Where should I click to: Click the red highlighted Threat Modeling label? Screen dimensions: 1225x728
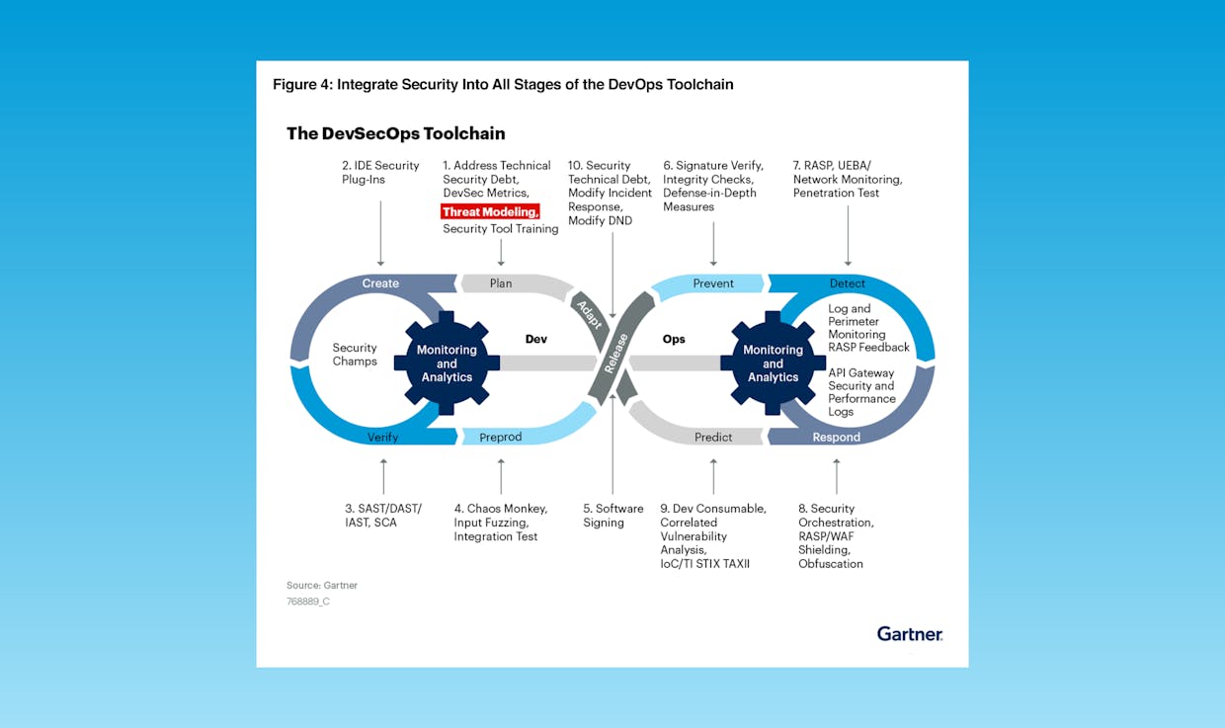pyautogui.click(x=490, y=211)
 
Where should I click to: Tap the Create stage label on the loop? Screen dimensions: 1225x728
pyautogui.click(x=380, y=283)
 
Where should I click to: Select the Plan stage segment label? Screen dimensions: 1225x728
pyautogui.click(x=501, y=283)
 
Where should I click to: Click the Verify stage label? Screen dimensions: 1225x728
pyautogui.click(x=383, y=437)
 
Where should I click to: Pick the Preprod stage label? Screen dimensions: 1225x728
pyautogui.click(x=501, y=437)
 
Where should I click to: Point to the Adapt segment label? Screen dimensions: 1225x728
pyautogui.click(x=590, y=314)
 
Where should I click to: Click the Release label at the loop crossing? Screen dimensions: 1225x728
pyautogui.click(x=615, y=354)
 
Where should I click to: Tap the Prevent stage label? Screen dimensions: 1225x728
pyautogui.click(x=713, y=283)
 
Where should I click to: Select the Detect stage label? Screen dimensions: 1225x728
pyautogui.click(x=847, y=283)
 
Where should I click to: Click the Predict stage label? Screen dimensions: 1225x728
pyautogui.click(x=713, y=437)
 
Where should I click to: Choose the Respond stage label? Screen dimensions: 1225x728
pyautogui.click(x=836, y=437)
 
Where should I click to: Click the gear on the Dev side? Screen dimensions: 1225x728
pyautogui.click(x=447, y=364)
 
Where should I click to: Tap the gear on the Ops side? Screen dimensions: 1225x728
pyautogui.click(x=773, y=364)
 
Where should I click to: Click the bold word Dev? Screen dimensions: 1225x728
pyautogui.click(x=535, y=339)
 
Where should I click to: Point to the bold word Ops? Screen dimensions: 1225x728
pyautogui.click(x=674, y=339)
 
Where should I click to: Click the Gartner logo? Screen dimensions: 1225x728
pyautogui.click(x=910, y=634)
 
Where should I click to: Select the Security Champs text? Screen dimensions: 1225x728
pyautogui.click(x=355, y=355)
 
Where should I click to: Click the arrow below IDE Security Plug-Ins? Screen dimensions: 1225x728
pyautogui.click(x=380, y=233)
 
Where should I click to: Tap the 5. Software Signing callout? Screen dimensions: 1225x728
pyautogui.click(x=613, y=516)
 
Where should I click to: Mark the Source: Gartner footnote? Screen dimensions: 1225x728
pyautogui.click(x=322, y=585)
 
